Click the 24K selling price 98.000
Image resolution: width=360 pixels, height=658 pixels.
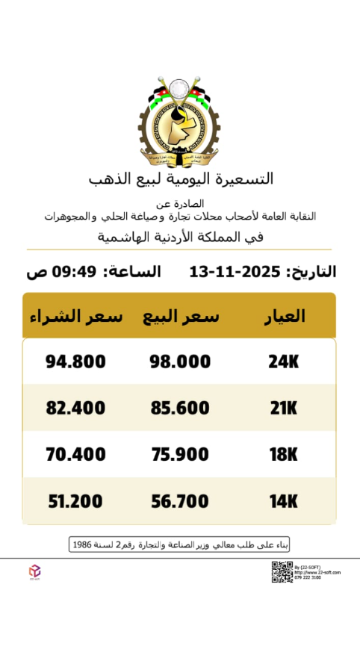[x=180, y=361]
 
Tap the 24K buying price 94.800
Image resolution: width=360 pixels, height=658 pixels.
[x=75, y=361]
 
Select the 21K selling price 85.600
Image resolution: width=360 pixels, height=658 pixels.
[x=180, y=408]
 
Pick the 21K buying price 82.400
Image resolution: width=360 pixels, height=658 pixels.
[x=75, y=408]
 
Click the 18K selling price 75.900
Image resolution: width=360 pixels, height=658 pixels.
[x=180, y=454]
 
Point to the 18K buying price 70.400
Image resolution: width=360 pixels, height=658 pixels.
[x=75, y=454]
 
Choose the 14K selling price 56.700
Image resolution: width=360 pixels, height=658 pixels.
[x=180, y=500]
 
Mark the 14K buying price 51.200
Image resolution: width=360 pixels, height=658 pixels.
[x=75, y=500]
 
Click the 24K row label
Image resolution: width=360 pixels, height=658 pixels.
[x=283, y=361]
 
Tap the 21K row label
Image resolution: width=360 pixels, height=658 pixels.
[x=283, y=408]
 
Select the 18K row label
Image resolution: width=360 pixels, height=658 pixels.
[x=283, y=454]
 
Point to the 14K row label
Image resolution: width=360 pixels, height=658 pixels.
[x=283, y=500]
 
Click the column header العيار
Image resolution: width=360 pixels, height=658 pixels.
[x=285, y=316]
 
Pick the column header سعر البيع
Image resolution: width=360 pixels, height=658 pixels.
[x=181, y=316]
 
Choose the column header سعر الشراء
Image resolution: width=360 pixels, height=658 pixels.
[x=76, y=316]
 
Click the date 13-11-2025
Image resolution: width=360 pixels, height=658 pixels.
[x=235, y=271]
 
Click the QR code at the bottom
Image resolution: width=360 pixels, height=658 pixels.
[x=282, y=571]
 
